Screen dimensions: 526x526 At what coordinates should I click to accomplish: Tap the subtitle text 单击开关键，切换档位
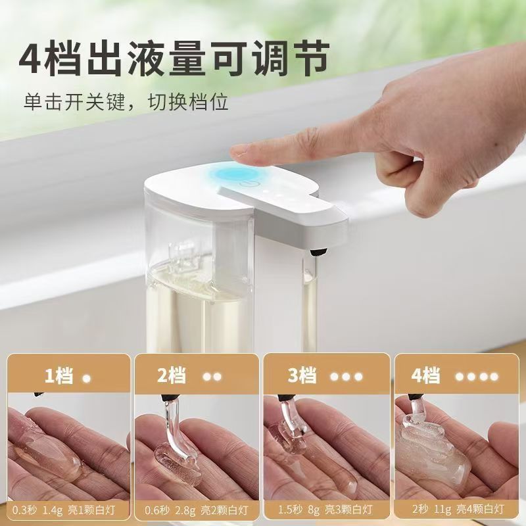point(126,103)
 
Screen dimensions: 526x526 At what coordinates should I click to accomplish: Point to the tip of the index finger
point(240,152)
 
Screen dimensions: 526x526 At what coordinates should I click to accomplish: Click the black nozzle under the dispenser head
point(317,250)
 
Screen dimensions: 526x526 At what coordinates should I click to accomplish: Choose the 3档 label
point(301,376)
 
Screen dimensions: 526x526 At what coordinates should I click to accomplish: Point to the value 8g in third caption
point(314,510)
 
